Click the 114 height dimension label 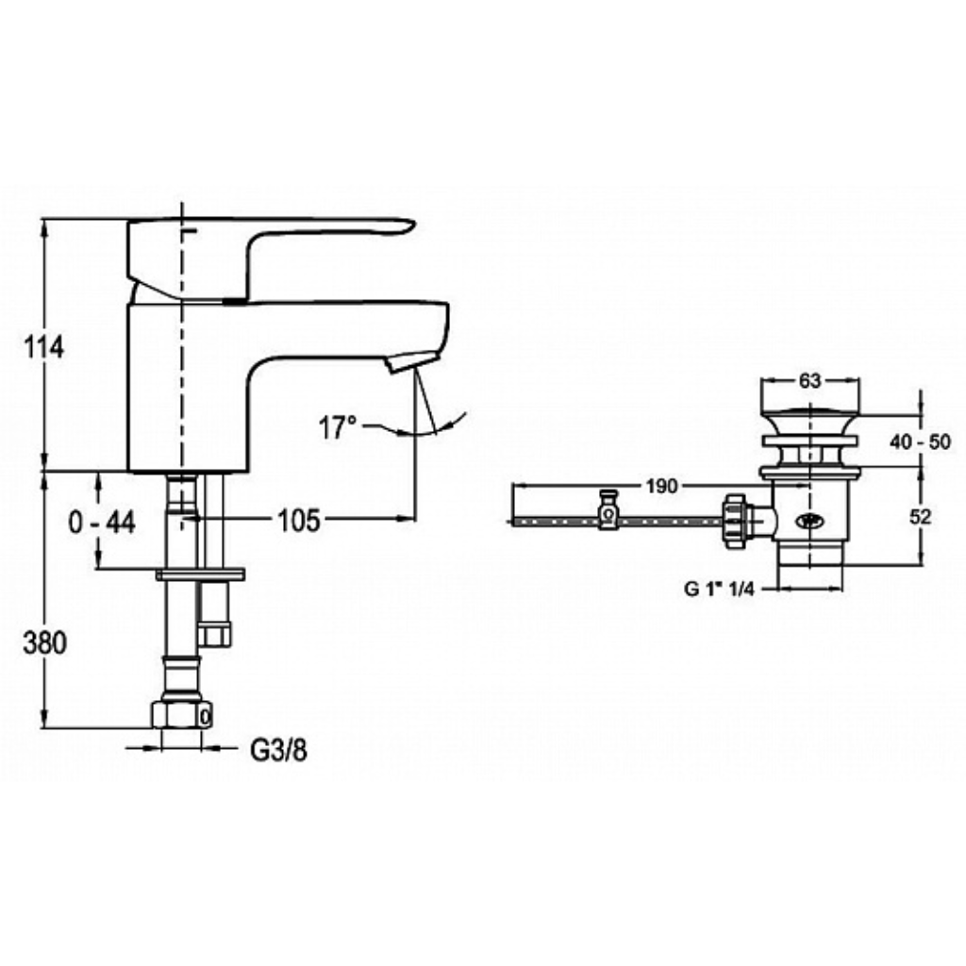(43, 348)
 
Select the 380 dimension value (44, 643)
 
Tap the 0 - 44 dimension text (102, 523)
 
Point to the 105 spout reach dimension (299, 521)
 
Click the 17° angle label (338, 427)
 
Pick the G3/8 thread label (278, 750)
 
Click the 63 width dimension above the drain (810, 381)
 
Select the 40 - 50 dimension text (921, 441)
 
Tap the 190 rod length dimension (661, 486)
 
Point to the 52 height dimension (921, 517)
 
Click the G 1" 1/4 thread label (720, 589)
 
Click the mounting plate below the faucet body (200, 575)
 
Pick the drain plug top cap (810, 410)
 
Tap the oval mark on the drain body (808, 521)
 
